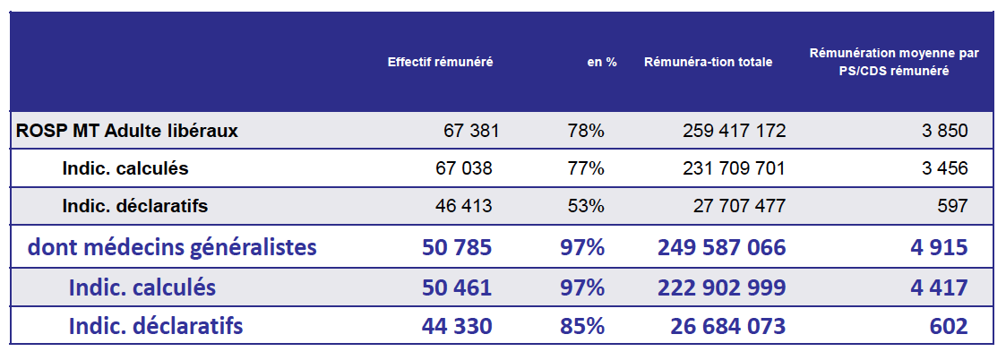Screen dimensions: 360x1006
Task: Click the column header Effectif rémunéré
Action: (x=440, y=63)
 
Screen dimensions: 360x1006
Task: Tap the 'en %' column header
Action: (x=602, y=63)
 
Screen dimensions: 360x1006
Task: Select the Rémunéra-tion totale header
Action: (x=708, y=63)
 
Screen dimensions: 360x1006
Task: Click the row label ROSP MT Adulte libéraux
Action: (x=127, y=131)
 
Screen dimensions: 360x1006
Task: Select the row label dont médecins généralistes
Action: (x=173, y=246)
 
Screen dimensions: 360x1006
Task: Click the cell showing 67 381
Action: (x=471, y=131)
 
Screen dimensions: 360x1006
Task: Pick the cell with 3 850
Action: (x=944, y=131)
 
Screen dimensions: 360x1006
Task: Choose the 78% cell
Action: (x=586, y=131)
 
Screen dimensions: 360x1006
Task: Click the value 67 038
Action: (x=465, y=168)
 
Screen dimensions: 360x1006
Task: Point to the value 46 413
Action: (x=465, y=206)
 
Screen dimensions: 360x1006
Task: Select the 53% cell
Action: (x=586, y=206)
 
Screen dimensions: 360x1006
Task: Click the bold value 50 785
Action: (x=457, y=246)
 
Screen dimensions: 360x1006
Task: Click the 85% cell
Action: (x=581, y=327)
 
